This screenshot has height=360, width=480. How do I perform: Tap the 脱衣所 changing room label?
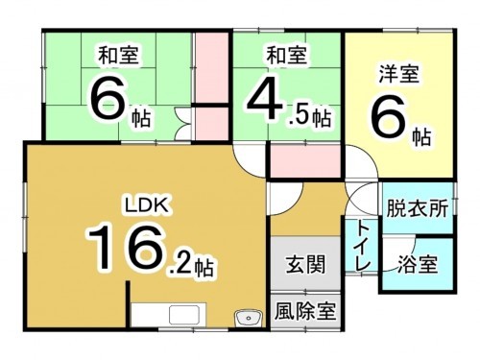[x=417, y=208]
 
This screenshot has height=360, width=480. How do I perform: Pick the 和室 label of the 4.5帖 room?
[x=287, y=55]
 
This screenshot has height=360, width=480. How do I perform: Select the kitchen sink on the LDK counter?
[x=180, y=315]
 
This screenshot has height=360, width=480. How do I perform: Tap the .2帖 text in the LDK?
[x=193, y=262]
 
